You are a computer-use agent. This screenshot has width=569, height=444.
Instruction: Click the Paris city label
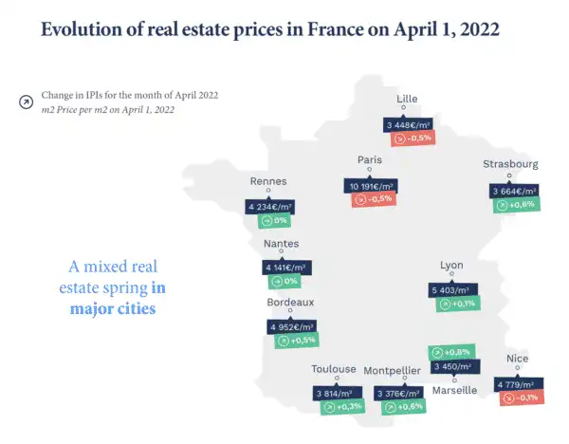click(369, 160)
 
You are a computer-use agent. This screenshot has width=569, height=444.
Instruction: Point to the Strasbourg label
click(510, 164)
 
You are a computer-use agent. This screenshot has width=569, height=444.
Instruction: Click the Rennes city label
click(267, 181)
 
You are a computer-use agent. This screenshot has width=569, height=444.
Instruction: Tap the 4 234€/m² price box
click(270, 206)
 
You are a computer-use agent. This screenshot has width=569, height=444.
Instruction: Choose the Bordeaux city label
click(291, 302)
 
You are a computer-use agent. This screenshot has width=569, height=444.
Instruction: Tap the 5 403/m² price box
click(455, 289)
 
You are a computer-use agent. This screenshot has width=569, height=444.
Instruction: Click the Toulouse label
click(334, 369)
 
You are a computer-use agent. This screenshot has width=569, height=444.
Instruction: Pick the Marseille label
click(454, 390)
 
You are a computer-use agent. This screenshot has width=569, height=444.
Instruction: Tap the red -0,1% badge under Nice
click(520, 398)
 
